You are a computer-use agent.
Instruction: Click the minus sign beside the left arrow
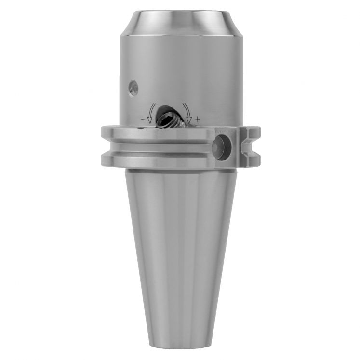tap(143, 119)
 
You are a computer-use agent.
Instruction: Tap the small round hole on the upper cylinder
tap(133, 88)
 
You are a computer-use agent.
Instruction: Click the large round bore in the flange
tap(223, 147)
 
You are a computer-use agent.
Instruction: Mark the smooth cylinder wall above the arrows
tap(183, 67)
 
